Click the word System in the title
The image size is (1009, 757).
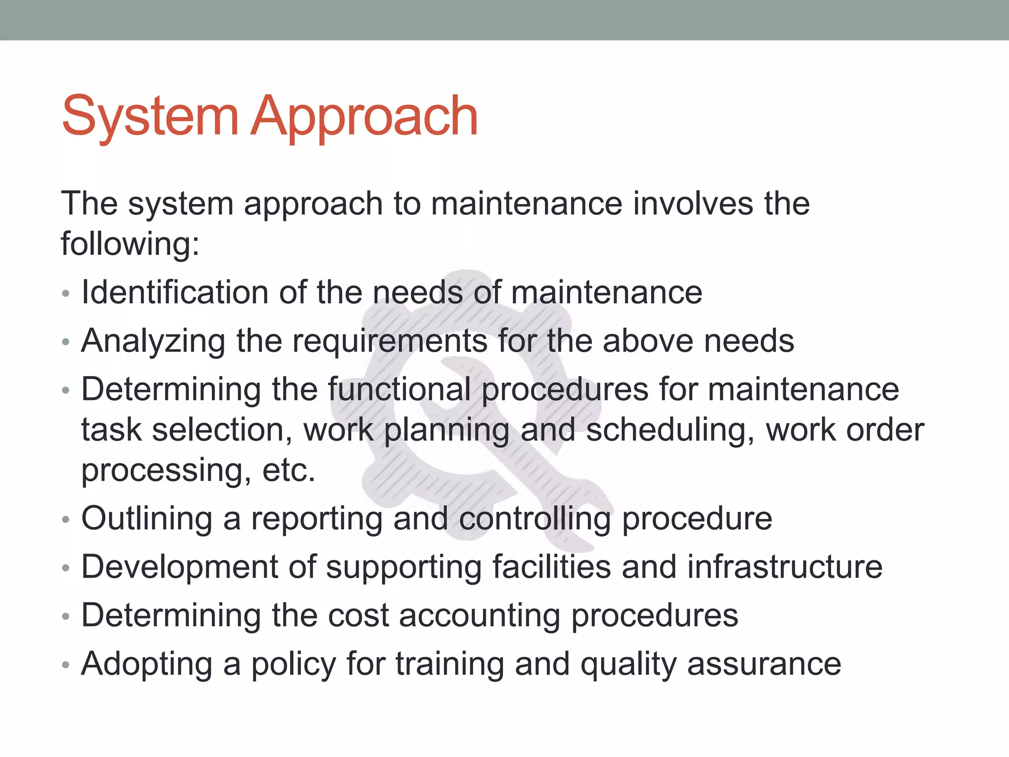[150, 117]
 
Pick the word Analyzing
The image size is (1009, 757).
[153, 342]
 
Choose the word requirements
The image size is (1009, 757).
[389, 342]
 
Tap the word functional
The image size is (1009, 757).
[400, 389]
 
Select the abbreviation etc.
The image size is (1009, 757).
[289, 470]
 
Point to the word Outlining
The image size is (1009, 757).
[147, 519]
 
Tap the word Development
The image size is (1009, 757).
[179, 567]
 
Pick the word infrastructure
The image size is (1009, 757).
[785, 567]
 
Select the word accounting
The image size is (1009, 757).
[479, 616]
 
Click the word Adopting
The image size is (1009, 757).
[147, 664]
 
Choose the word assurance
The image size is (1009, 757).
[764, 664]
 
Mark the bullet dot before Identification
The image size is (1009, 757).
[66, 294]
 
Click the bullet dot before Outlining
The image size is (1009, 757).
[66, 520]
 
